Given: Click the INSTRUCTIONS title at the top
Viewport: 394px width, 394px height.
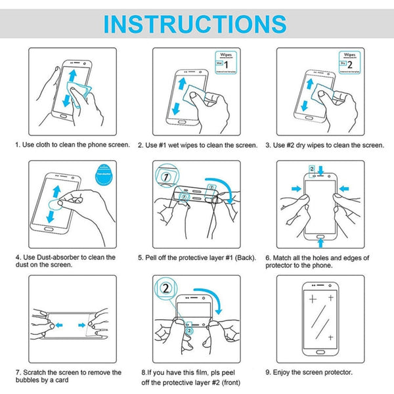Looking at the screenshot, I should (196, 23).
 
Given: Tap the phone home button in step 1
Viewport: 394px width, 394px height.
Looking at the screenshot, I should (71, 121).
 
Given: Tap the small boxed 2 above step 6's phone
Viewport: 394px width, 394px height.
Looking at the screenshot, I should (311, 169).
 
